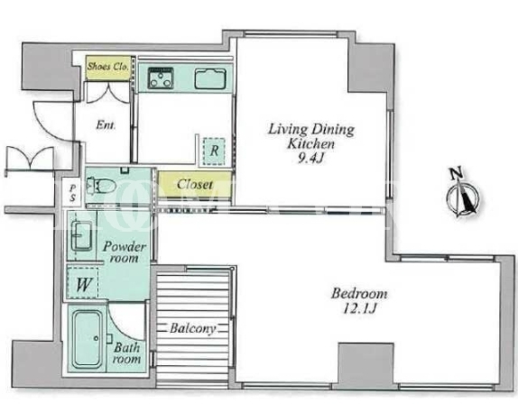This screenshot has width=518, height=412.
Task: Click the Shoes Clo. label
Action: pyautogui.click(x=107, y=67)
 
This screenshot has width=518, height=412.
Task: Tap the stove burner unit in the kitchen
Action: pyautogui.click(x=161, y=78)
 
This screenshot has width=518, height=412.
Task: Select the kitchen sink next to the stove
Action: pyautogui.click(x=210, y=78)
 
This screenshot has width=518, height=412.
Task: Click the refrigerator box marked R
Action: pyautogui.click(x=214, y=151)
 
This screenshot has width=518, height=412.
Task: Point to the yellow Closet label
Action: pyautogui.click(x=195, y=184)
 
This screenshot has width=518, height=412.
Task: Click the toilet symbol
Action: pyautogui.click(x=101, y=188)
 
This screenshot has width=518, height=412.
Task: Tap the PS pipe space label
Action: pyautogui.click(x=73, y=193)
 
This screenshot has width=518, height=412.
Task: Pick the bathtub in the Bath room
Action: pyautogui.click(x=88, y=339)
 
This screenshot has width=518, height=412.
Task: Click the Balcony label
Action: pyautogui.click(x=192, y=328)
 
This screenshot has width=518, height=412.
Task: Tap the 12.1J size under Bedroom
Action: pyautogui.click(x=359, y=308)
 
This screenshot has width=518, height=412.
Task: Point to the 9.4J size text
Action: pyautogui.click(x=310, y=159)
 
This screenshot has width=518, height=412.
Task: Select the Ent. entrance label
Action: pyautogui.click(x=106, y=125)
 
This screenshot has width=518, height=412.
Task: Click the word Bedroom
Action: pyautogui.click(x=359, y=294)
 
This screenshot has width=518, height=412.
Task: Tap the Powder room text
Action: pyautogui.click(x=125, y=252)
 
